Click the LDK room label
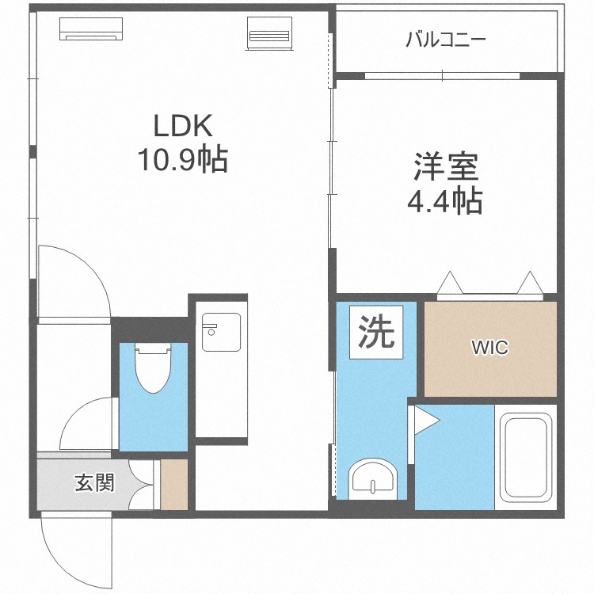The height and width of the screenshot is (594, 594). (183, 125)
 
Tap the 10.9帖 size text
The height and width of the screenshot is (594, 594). (183, 159)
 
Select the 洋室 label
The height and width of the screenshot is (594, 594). (446, 166)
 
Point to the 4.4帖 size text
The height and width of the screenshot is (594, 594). (445, 200)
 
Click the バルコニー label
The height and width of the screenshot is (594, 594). (445, 40)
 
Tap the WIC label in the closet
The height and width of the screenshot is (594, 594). (489, 348)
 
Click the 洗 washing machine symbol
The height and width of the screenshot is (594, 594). (376, 332)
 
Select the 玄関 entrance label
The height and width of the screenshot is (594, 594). (94, 482)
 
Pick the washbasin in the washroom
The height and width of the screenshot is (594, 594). (373, 478)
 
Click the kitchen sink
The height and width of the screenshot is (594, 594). (221, 332)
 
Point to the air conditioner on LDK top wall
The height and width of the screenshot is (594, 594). (91, 29)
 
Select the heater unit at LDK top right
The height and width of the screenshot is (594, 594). (270, 33)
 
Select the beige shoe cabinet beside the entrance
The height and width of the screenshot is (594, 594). (174, 485)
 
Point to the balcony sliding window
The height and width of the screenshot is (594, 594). (443, 76)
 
